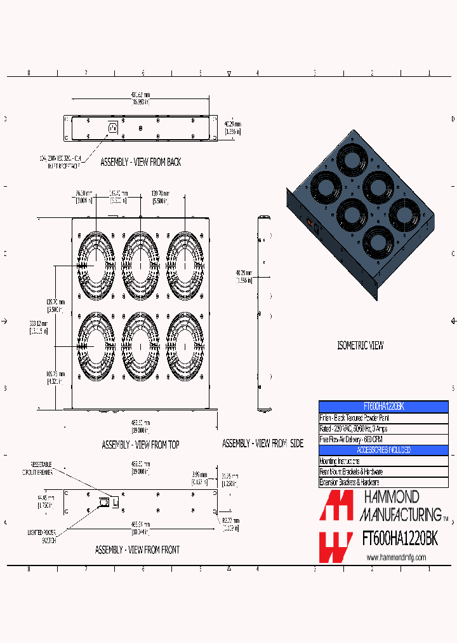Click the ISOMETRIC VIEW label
360,346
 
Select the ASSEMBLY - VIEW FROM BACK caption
140,162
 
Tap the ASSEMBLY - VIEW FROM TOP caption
140,445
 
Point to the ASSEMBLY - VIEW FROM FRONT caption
137,549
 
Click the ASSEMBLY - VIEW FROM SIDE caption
262,443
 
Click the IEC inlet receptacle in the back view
113,128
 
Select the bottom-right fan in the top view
185,346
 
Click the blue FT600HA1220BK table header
383,407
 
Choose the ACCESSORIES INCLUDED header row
383,450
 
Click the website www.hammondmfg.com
397,558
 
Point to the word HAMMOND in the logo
390,497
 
